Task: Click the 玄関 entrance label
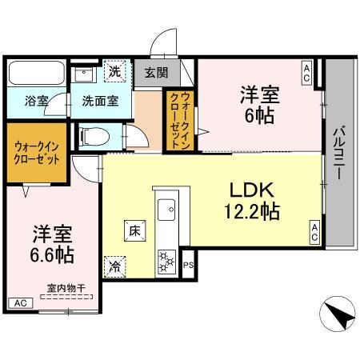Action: pos(157,73)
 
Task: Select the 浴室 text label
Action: pos(36,102)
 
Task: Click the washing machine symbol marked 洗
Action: pos(117,72)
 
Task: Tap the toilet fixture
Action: pos(94,135)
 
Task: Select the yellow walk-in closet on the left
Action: pos(37,152)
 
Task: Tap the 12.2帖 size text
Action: pos(251,212)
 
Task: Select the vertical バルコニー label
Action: pos(339,153)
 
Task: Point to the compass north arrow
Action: pos(338,314)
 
